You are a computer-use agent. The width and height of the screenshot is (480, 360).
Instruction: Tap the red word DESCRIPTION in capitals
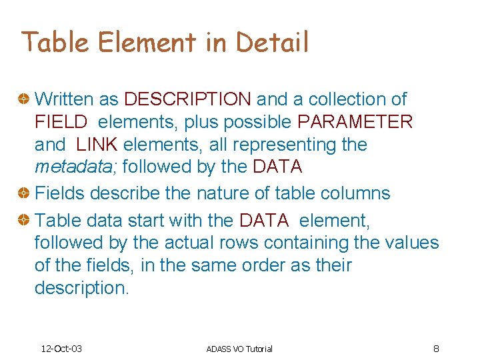pos(187,99)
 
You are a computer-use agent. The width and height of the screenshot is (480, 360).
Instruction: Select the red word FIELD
pos(61,122)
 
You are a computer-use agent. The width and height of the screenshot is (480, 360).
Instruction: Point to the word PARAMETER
pos(355,122)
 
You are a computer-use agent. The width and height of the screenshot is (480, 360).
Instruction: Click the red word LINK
pos(97,145)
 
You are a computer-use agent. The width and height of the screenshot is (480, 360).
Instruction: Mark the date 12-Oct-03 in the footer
pos(61,349)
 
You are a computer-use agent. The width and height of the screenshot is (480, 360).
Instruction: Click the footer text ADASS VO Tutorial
pos(239,349)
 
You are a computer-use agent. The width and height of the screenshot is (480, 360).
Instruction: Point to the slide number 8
pos(435,348)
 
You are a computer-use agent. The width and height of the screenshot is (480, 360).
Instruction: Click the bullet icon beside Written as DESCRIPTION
pos(24,100)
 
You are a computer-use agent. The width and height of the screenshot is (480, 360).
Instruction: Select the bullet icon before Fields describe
pos(24,194)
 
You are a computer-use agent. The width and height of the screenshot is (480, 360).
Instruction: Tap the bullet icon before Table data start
pos(24,220)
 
